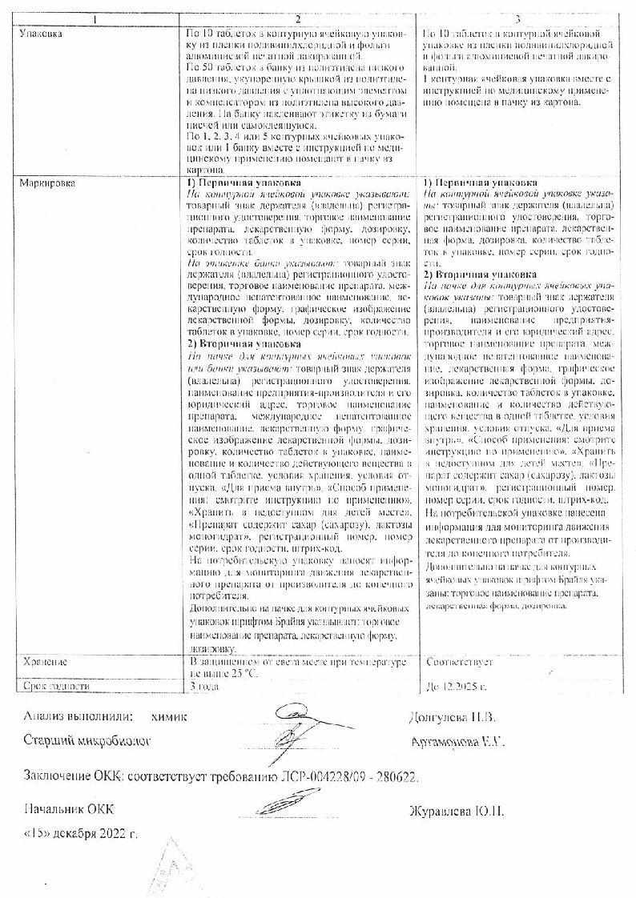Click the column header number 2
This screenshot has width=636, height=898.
[297, 18]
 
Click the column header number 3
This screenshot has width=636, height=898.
[517, 18]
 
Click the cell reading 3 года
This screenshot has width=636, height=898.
[203, 687]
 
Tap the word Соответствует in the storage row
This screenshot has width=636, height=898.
[461, 663]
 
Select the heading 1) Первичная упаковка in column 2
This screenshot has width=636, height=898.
[239, 183]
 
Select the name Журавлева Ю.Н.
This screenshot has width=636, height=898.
[457, 812]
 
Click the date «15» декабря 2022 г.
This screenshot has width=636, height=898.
[81, 833]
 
